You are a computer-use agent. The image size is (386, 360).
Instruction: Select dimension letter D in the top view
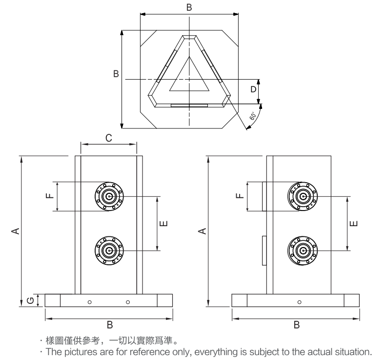pyautogui.click(x=253, y=89)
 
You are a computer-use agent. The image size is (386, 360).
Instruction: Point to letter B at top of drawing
pyautogui.click(x=189, y=7)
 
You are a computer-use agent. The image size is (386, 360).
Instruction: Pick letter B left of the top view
pyautogui.click(x=116, y=74)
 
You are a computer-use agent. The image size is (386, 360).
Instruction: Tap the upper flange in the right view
pyautogui.click(x=304, y=196)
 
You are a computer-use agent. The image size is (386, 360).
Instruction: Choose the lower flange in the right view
pyautogui.click(x=304, y=251)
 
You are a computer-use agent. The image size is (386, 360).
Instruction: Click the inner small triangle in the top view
pyautogui.click(x=189, y=78)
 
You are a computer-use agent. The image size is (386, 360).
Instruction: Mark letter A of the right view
pyautogui.click(x=203, y=230)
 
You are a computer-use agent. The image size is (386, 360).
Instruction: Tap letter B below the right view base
pyautogui.click(x=296, y=324)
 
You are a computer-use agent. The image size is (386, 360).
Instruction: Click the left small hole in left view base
pyautogui.click(x=89, y=302)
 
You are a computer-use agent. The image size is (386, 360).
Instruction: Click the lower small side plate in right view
pyautogui.click(x=264, y=251)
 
